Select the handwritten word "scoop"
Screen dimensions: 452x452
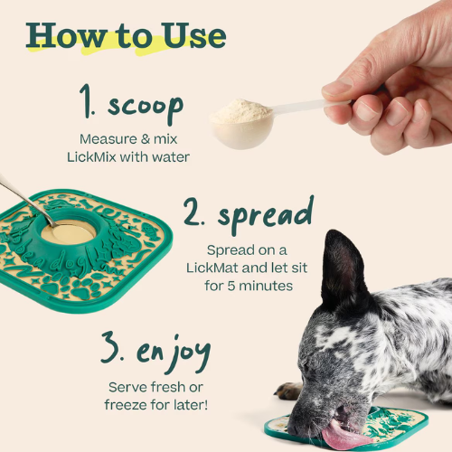146,108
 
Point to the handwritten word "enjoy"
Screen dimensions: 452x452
174,353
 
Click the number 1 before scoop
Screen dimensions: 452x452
87,100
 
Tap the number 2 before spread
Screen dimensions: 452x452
193,212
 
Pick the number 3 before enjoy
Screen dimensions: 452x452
111,347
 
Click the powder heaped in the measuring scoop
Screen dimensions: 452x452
241,111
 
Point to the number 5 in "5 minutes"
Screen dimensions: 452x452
231,286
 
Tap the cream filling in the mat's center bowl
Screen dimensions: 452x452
70,233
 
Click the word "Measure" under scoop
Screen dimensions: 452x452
108,139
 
